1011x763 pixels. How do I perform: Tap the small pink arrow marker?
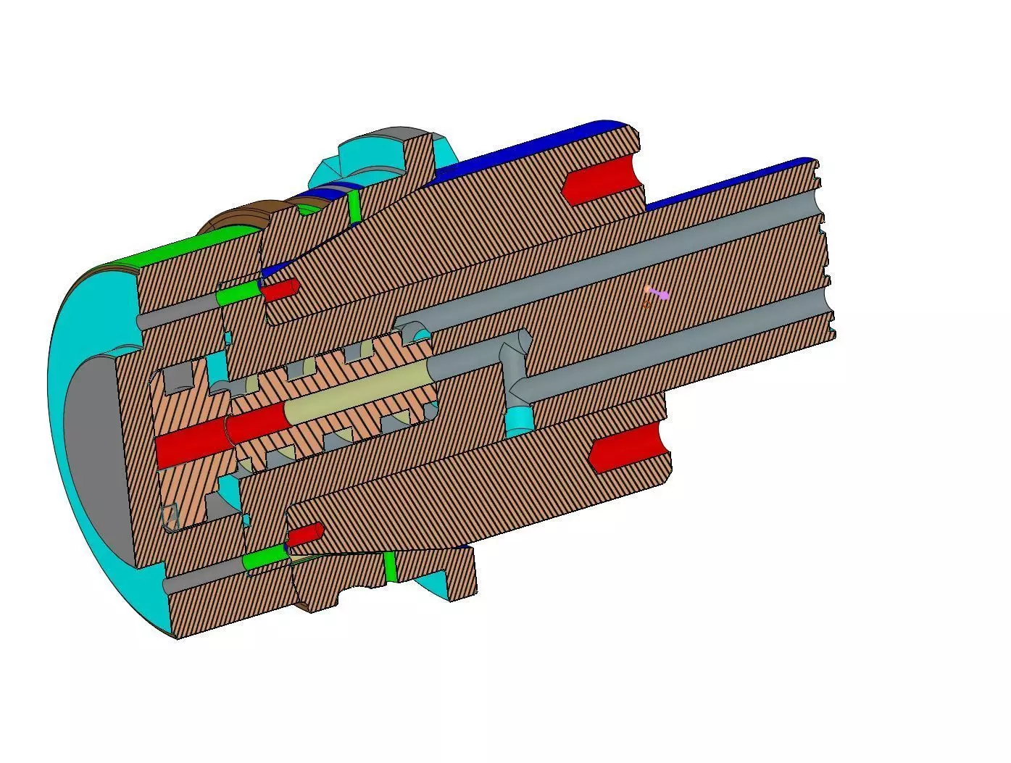[x=658, y=293]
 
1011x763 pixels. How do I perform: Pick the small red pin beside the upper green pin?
[x=279, y=291]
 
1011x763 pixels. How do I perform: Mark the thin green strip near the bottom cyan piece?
[x=391, y=566]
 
